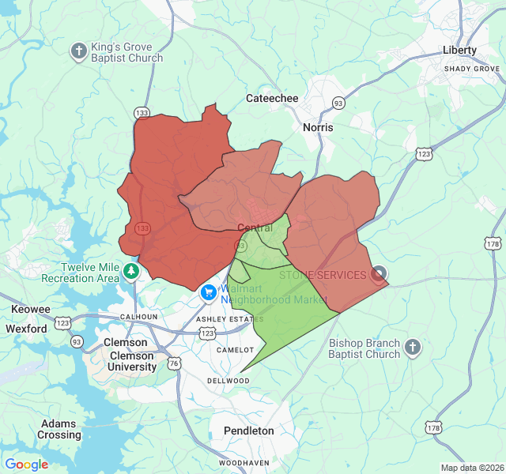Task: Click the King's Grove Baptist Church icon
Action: click(x=78, y=52)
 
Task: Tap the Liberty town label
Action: click(x=459, y=50)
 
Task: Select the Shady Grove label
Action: click(x=471, y=69)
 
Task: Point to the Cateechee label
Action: click(x=272, y=98)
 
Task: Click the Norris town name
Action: click(x=318, y=127)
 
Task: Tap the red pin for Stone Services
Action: click(x=379, y=274)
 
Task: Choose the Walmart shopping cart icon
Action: click(x=209, y=293)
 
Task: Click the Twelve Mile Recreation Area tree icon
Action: click(x=131, y=273)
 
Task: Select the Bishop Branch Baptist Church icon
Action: click(x=412, y=348)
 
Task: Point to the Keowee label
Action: click(x=31, y=309)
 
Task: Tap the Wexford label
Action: click(x=26, y=328)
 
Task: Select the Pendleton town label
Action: click(x=249, y=431)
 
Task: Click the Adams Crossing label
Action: click(x=59, y=429)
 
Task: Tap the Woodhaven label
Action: click(x=244, y=462)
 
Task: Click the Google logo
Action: click(x=27, y=464)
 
